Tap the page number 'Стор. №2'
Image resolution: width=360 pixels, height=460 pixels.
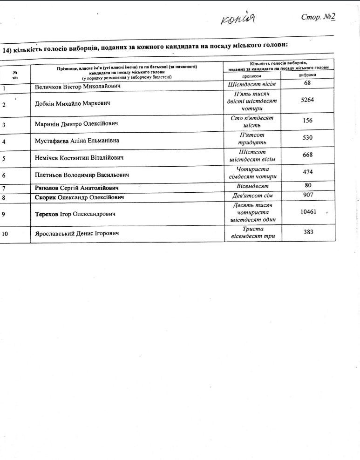[x=319, y=17]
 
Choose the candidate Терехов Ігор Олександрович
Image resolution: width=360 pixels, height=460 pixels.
[x=75, y=214]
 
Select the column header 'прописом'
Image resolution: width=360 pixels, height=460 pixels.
[x=253, y=76]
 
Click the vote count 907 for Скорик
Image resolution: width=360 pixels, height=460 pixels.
[x=308, y=196]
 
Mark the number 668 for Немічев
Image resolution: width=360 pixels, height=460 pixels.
[x=308, y=155]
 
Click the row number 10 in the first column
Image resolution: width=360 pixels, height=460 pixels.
[x=5, y=234]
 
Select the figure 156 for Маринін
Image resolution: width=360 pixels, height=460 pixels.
[x=308, y=120]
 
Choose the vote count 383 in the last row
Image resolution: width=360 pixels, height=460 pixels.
[x=308, y=232]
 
